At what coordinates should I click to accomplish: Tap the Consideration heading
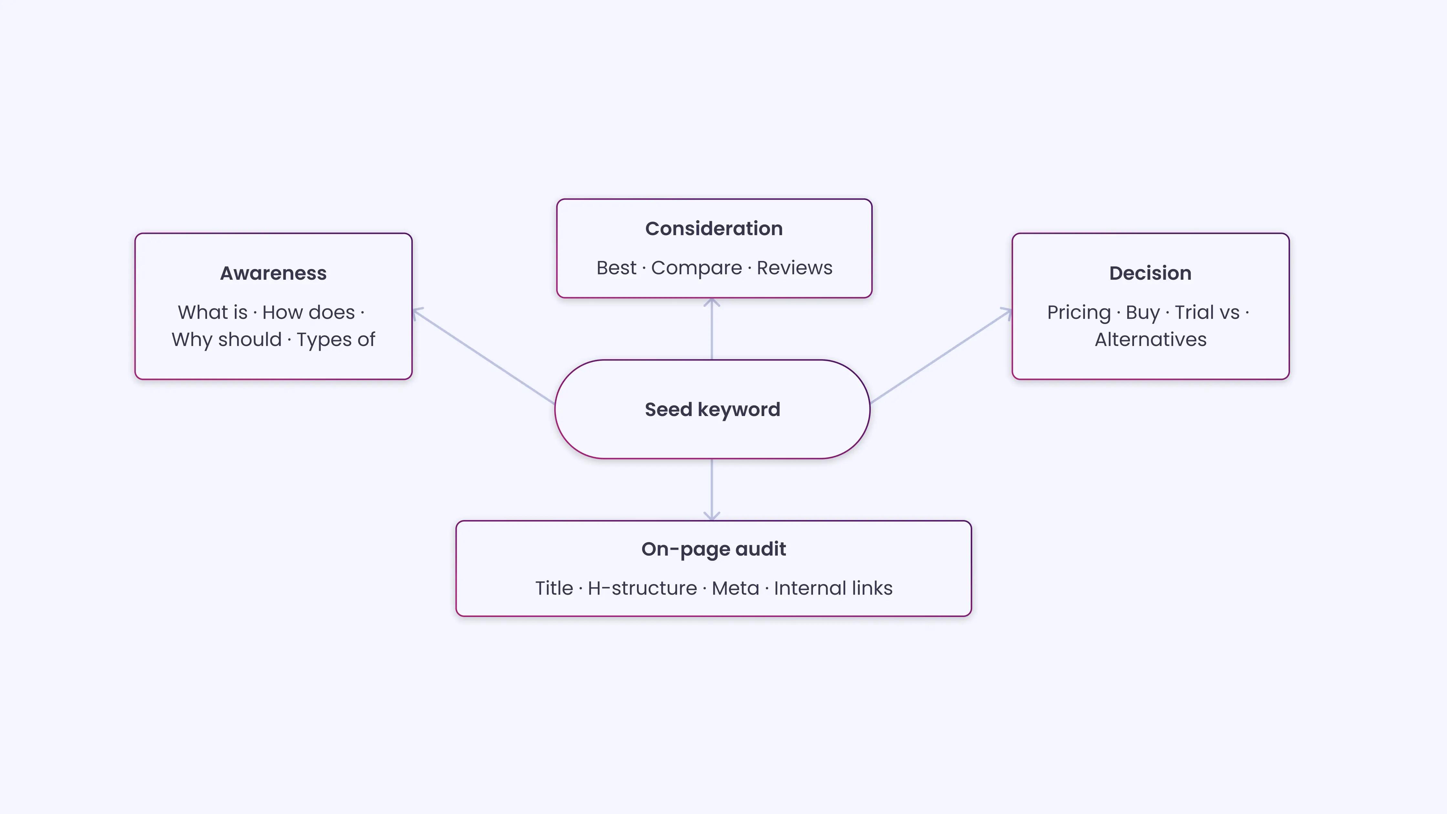point(714,229)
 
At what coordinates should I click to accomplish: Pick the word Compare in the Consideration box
point(697,268)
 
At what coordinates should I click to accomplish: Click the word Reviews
point(794,268)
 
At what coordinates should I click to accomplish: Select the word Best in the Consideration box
point(616,268)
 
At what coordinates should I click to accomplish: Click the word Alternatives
point(1150,340)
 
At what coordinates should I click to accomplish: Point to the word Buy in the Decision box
point(1142,313)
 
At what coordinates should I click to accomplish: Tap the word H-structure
point(642,588)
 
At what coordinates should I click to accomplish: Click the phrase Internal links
point(833,588)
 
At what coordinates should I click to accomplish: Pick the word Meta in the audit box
point(735,588)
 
